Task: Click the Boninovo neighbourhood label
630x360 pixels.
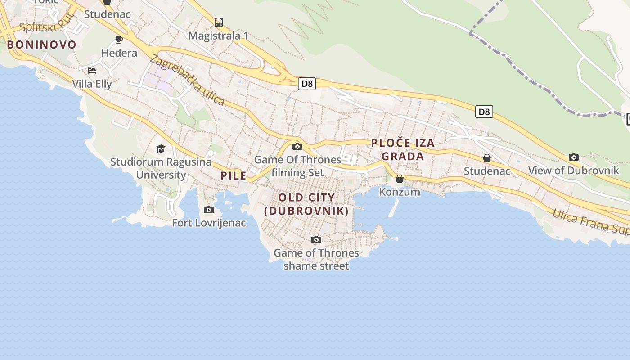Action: pyautogui.click(x=41, y=45)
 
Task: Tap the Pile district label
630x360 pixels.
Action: pyautogui.click(x=234, y=175)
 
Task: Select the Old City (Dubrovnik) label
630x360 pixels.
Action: pyautogui.click(x=306, y=204)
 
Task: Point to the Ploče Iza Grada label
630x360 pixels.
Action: pyautogui.click(x=403, y=149)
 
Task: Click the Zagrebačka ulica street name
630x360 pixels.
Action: pyautogui.click(x=188, y=80)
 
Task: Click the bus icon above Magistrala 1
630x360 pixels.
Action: pyautogui.click(x=219, y=22)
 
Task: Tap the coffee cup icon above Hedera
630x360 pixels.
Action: pyautogui.click(x=119, y=40)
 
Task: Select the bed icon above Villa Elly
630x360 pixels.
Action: pyautogui.click(x=92, y=71)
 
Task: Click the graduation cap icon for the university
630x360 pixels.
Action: pyautogui.click(x=161, y=148)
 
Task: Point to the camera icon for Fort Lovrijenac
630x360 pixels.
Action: pyautogui.click(x=209, y=210)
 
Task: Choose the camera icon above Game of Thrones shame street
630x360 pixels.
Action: pyautogui.click(x=316, y=239)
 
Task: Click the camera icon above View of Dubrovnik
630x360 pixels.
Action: pyautogui.click(x=573, y=157)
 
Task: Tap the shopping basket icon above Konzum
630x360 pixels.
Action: pyautogui.click(x=399, y=179)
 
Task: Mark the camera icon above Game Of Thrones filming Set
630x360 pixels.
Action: pyautogui.click(x=297, y=146)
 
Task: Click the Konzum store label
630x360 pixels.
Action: pyautogui.click(x=400, y=192)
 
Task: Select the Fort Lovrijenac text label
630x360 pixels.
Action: pyautogui.click(x=209, y=223)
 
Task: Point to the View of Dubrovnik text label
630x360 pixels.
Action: pyautogui.click(x=573, y=171)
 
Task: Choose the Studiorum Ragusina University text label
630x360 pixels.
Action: pyautogui.click(x=161, y=168)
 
